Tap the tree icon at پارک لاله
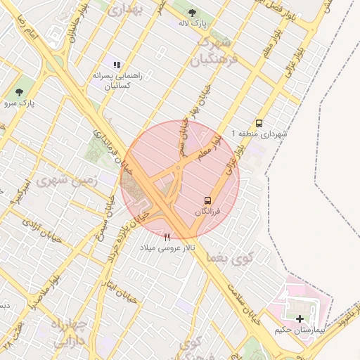(x=194, y=11)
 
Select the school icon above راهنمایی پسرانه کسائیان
(x=117, y=65)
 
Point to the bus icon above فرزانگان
(x=207, y=200)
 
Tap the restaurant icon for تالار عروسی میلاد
(x=167, y=237)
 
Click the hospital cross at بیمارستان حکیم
(x=301, y=319)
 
